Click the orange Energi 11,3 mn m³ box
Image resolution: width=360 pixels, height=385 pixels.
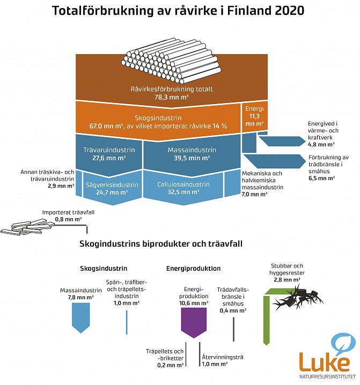[255, 116]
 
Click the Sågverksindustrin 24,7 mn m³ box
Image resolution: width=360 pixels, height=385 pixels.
[112, 188]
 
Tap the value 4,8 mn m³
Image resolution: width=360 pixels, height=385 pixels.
[320, 144]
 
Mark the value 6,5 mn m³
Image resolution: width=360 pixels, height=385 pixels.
[320, 177]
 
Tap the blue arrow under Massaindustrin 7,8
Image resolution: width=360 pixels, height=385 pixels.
[81, 319]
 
